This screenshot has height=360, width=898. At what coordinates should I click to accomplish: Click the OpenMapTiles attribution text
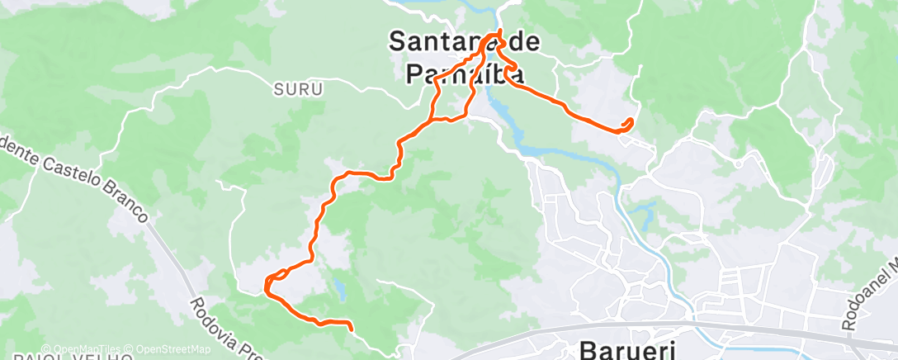(x=82, y=349)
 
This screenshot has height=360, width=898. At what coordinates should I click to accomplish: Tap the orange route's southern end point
(x=352, y=329)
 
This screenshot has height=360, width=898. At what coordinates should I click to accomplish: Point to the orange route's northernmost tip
(x=499, y=32)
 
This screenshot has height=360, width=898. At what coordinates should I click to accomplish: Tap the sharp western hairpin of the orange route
(x=266, y=286)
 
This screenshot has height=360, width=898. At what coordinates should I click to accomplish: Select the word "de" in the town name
(x=520, y=41)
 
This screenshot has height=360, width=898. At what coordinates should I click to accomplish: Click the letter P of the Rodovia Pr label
(x=244, y=351)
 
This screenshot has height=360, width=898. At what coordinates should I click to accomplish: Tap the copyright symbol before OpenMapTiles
(x=46, y=349)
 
